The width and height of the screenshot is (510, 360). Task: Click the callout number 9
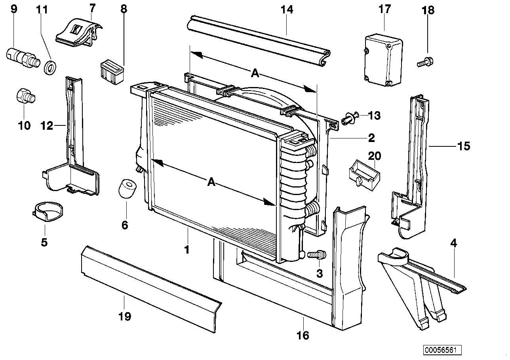(x=14, y=8)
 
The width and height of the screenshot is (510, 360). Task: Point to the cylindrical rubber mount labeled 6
(x=127, y=188)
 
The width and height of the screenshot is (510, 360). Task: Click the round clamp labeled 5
(x=47, y=212)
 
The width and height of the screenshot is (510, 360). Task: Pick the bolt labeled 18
(x=425, y=62)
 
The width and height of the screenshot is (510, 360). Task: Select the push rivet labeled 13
(x=350, y=117)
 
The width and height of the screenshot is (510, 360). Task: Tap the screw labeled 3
(x=316, y=254)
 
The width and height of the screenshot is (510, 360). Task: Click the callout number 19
(x=124, y=316)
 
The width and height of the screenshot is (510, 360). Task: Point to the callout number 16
(x=303, y=335)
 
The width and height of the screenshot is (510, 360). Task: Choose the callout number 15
(x=463, y=146)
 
